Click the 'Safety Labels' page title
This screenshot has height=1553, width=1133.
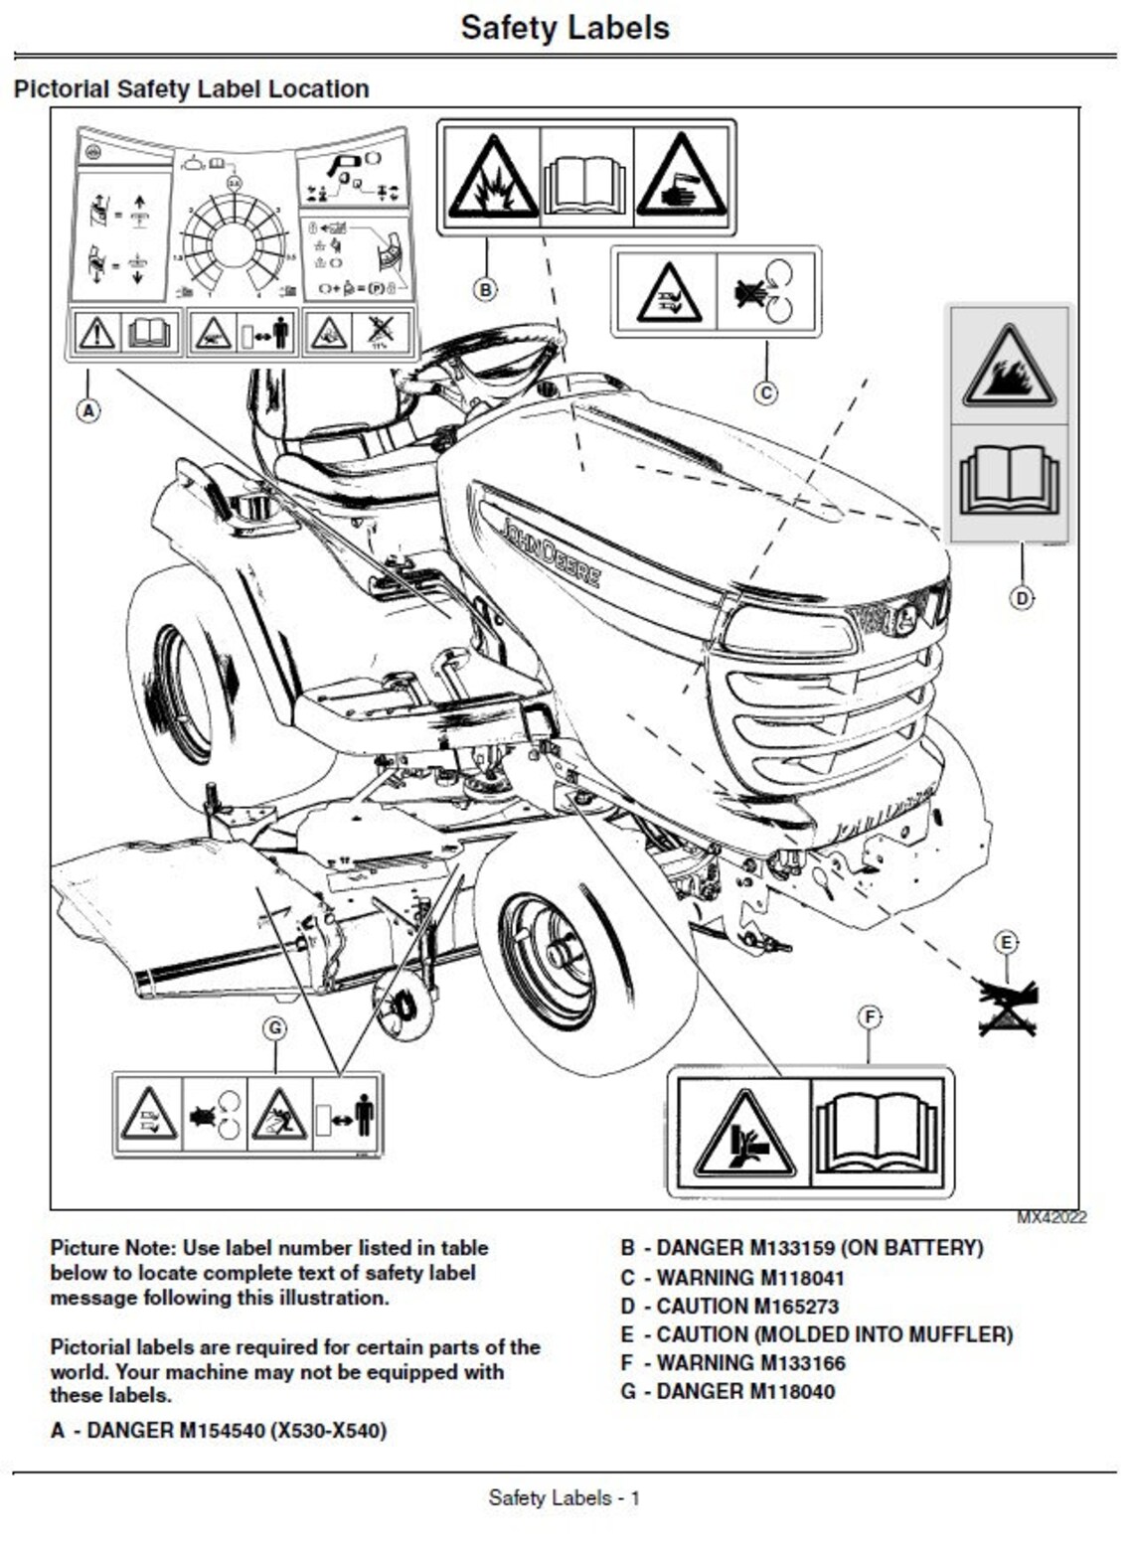click(x=565, y=28)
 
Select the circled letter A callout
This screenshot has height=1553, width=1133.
click(x=88, y=409)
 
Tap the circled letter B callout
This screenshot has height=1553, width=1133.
click(x=485, y=289)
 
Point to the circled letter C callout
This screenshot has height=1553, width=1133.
click(x=765, y=392)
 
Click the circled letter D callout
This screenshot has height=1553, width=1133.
click(x=1021, y=597)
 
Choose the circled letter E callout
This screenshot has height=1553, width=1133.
click(x=1006, y=942)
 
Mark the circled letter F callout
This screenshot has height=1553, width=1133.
click(x=870, y=1016)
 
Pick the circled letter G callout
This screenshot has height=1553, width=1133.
click(x=275, y=1027)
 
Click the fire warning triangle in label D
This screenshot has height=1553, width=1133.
click(x=1009, y=368)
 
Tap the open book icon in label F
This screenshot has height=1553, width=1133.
click(x=877, y=1133)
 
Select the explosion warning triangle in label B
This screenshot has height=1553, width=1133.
click(x=492, y=179)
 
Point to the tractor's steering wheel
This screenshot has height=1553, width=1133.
click(x=487, y=358)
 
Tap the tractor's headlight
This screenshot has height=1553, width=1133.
click(x=790, y=630)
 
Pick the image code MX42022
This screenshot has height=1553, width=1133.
click(x=1051, y=1217)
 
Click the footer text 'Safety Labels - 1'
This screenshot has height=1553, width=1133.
click(x=565, y=1497)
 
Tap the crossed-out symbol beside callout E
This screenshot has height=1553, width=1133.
click(x=1008, y=1007)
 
